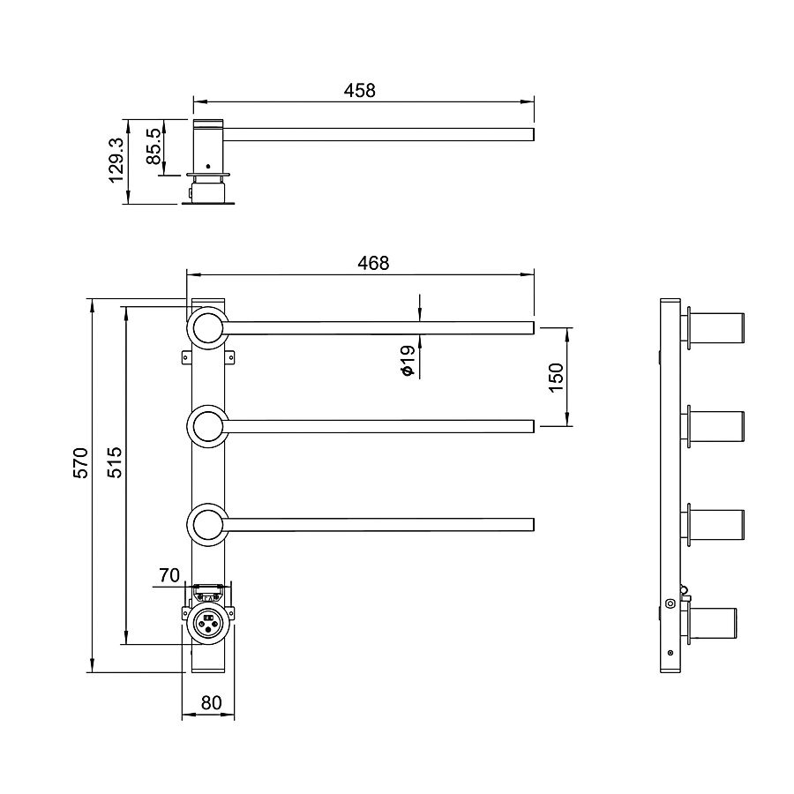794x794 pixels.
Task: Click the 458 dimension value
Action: pyautogui.click(x=360, y=91)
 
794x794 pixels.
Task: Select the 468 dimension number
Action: pyautogui.click(x=373, y=263)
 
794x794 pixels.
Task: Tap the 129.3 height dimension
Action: pyautogui.click(x=116, y=160)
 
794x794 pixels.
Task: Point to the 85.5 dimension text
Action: pyautogui.click(x=154, y=146)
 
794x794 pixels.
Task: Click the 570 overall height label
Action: pyautogui.click(x=81, y=462)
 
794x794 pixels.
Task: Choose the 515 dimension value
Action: pyautogui.click(x=115, y=462)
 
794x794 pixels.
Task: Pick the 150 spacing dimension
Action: pyautogui.click(x=556, y=378)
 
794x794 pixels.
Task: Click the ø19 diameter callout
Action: pyautogui.click(x=408, y=360)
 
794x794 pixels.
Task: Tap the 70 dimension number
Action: pyautogui.click(x=169, y=575)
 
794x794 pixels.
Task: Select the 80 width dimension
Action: pyautogui.click(x=211, y=703)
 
